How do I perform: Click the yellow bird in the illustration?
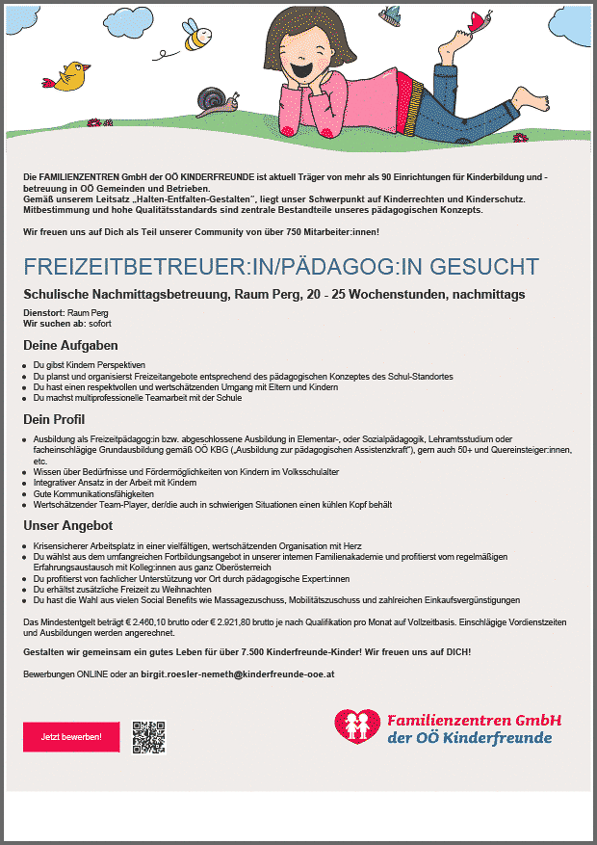pos(72,76)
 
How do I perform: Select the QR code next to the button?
pos(148,737)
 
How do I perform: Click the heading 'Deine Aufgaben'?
pos(70,345)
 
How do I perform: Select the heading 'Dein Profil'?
pos(55,419)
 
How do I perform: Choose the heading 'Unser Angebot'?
pos(68,526)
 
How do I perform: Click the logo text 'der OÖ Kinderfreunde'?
pos(469,738)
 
